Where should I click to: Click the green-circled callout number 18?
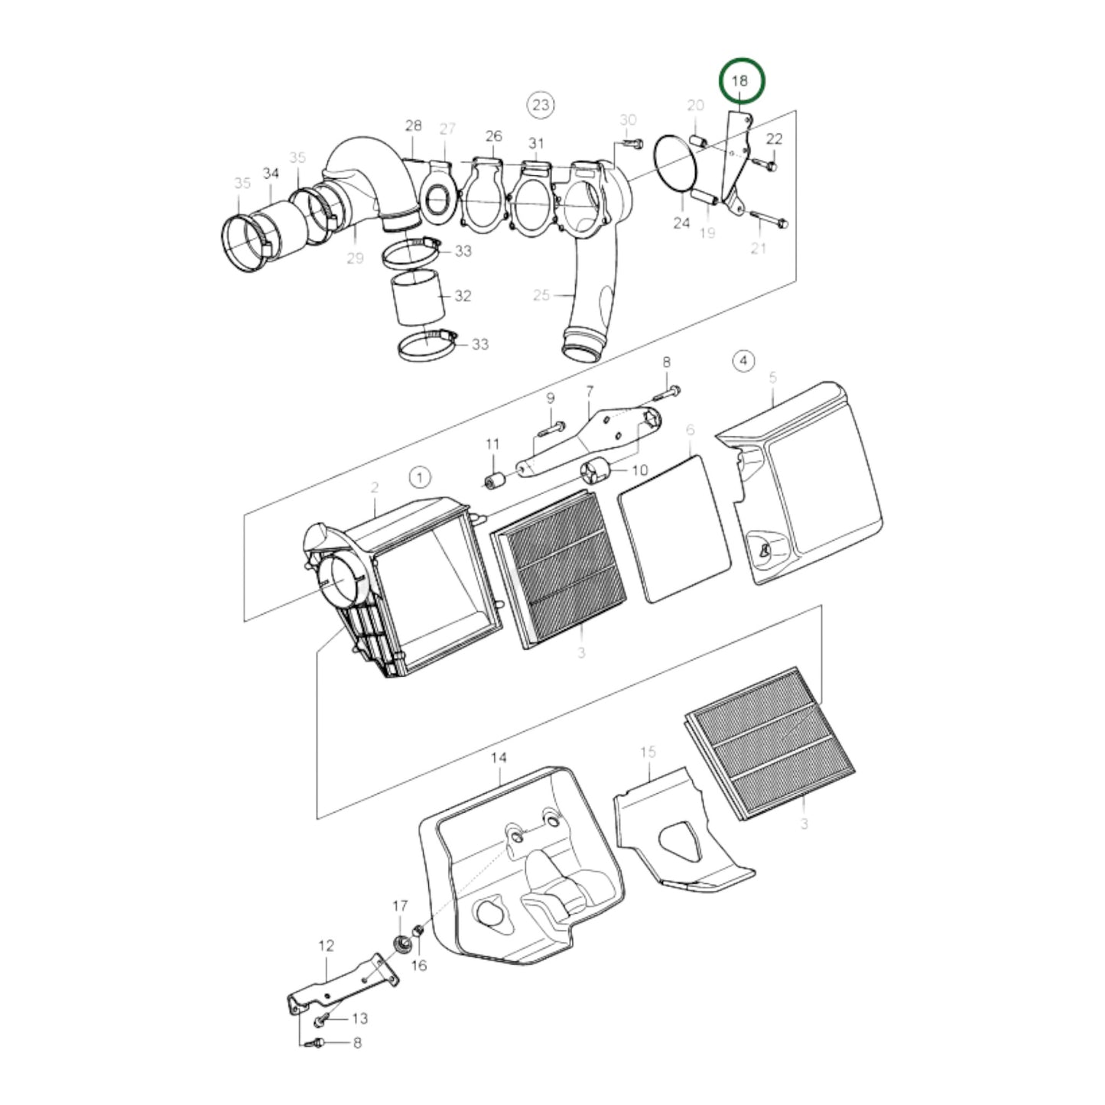pyautogui.click(x=740, y=80)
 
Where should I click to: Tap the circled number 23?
pyautogui.click(x=541, y=104)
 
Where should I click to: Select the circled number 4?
pyautogui.click(x=743, y=360)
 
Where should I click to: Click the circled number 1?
pyautogui.click(x=420, y=478)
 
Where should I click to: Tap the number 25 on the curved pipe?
pyautogui.click(x=541, y=294)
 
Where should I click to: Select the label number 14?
pyautogui.click(x=499, y=758)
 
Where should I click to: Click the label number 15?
pyautogui.click(x=648, y=752)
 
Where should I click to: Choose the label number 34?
pyautogui.click(x=271, y=174)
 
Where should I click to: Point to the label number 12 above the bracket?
pyautogui.click(x=326, y=946)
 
